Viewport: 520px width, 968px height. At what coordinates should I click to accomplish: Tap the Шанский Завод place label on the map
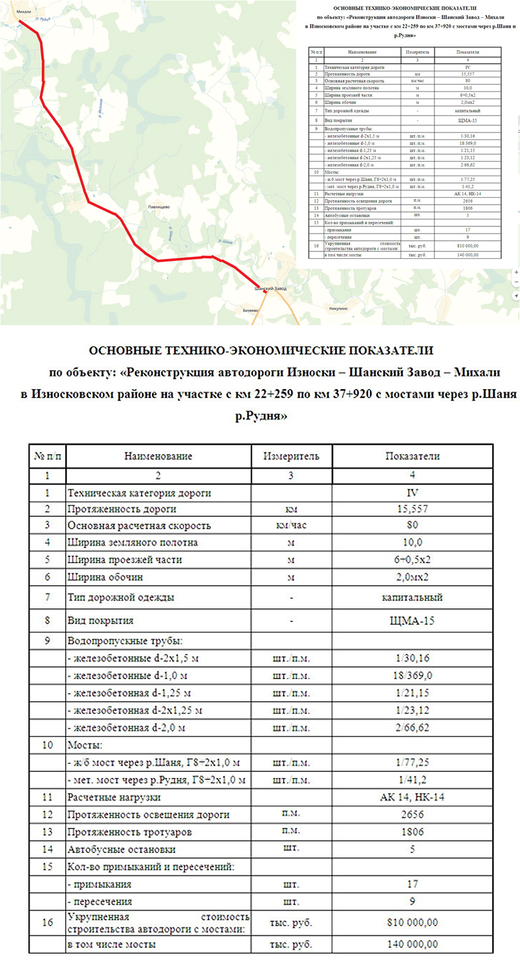click(x=271, y=288)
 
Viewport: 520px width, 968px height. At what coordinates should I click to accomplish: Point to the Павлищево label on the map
click(x=159, y=207)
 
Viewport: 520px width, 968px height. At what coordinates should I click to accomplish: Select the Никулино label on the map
click(x=338, y=308)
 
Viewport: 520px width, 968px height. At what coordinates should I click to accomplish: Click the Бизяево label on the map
click(x=250, y=310)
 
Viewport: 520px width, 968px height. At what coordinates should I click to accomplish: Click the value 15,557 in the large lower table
click(x=412, y=509)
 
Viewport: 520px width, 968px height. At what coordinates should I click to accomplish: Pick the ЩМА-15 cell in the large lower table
click(x=412, y=621)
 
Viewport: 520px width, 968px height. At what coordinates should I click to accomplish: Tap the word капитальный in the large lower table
click(x=412, y=597)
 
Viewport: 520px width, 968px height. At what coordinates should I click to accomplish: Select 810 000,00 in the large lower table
click(x=412, y=923)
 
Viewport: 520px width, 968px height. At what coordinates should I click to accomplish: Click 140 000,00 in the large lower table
click(x=412, y=944)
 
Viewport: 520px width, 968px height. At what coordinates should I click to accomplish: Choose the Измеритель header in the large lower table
click(x=291, y=456)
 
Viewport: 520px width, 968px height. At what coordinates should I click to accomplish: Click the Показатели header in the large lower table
click(x=412, y=456)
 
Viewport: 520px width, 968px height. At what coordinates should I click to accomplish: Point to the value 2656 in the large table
click(x=412, y=814)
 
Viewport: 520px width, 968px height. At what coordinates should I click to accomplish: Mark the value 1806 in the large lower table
click(x=412, y=832)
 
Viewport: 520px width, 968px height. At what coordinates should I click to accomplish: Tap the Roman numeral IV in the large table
click(x=412, y=492)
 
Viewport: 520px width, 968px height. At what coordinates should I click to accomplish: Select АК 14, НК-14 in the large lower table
click(x=412, y=797)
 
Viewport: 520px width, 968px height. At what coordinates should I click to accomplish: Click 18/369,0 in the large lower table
click(x=412, y=675)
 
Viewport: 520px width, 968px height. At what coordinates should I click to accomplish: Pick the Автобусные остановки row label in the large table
click(x=121, y=849)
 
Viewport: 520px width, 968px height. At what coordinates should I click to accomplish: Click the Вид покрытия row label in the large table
click(x=100, y=621)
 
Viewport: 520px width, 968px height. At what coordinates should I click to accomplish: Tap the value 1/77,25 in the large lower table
click(x=412, y=763)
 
